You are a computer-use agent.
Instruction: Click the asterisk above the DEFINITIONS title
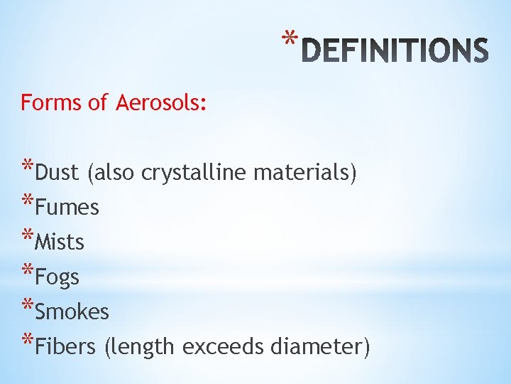286,38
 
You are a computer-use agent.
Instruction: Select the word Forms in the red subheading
50,103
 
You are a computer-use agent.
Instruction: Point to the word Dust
57,173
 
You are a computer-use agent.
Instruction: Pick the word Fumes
67,208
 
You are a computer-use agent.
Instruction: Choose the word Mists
60,242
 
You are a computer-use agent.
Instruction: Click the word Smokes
72,312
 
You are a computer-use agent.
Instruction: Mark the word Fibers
65,347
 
